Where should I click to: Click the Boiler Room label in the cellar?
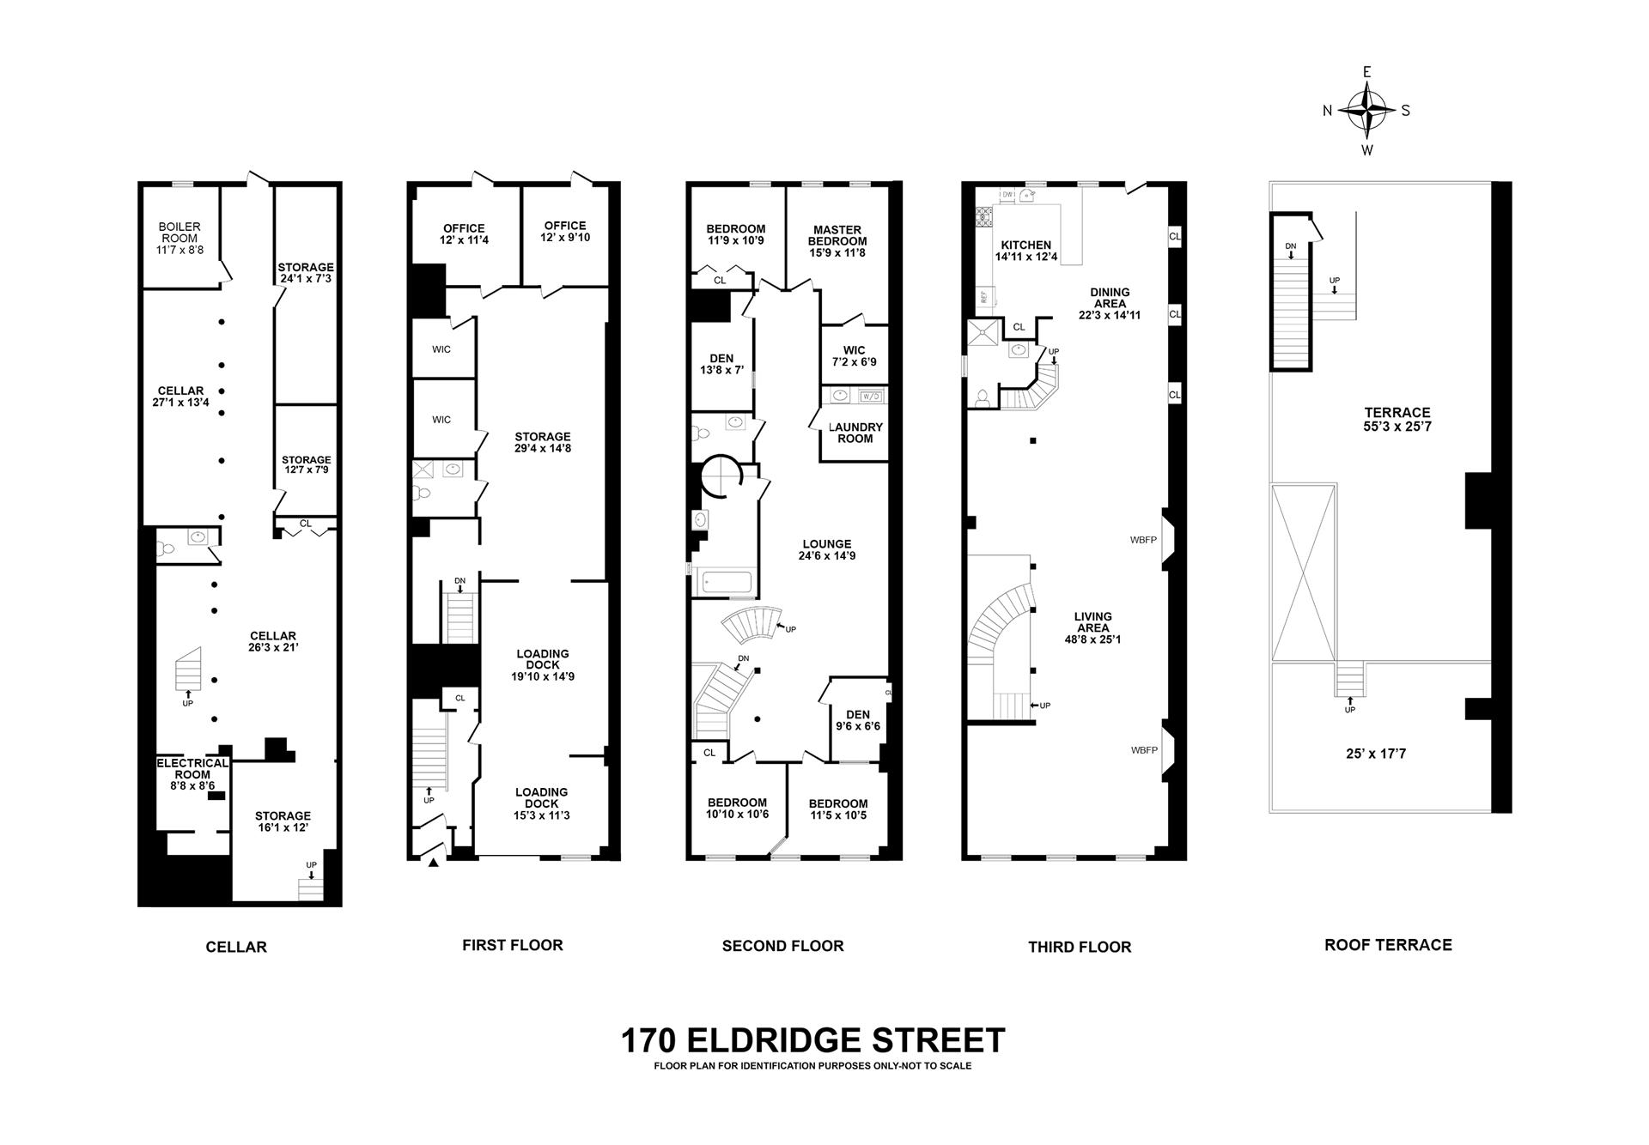[x=180, y=233]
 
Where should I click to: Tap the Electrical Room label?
[x=192, y=768]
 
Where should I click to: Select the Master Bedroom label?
[x=837, y=235]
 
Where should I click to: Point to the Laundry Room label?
[x=855, y=433]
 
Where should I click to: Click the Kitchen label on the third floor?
[x=1025, y=245]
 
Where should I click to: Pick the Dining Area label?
[x=1110, y=298]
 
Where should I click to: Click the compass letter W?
[x=1367, y=150]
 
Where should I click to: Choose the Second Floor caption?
[x=782, y=946]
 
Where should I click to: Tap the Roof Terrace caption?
[x=1388, y=945]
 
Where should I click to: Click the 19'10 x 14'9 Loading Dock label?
[x=542, y=665]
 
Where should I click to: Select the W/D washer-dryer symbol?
[x=871, y=397]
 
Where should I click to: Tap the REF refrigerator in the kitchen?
[x=983, y=298]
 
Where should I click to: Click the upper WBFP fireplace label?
[x=1144, y=540]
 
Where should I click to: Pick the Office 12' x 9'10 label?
[x=565, y=232]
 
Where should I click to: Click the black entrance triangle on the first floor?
[x=434, y=862]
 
